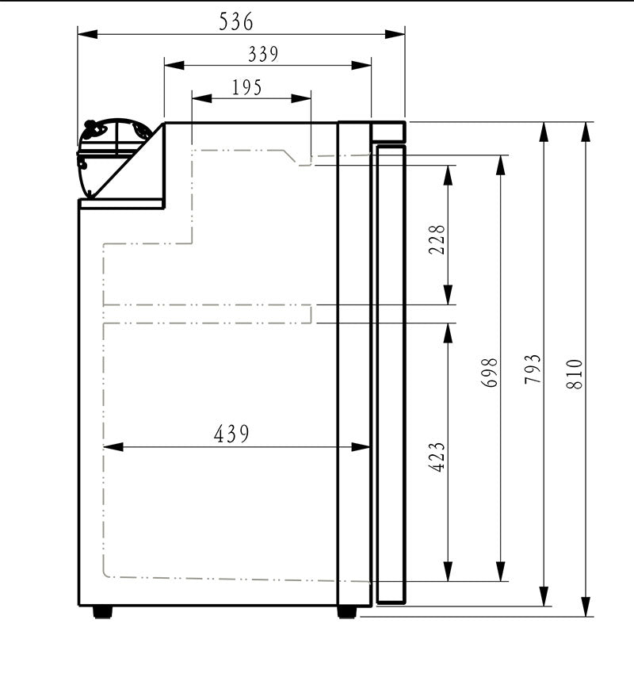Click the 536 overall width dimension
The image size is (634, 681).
click(236, 22)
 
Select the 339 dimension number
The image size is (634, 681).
click(263, 54)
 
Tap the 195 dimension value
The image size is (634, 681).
click(247, 87)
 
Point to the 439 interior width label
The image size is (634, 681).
click(231, 434)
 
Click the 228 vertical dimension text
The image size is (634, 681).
click(437, 239)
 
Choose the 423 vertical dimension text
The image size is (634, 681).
click(437, 457)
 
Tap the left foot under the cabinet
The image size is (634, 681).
click(102, 612)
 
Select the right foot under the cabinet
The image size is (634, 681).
click(346, 612)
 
